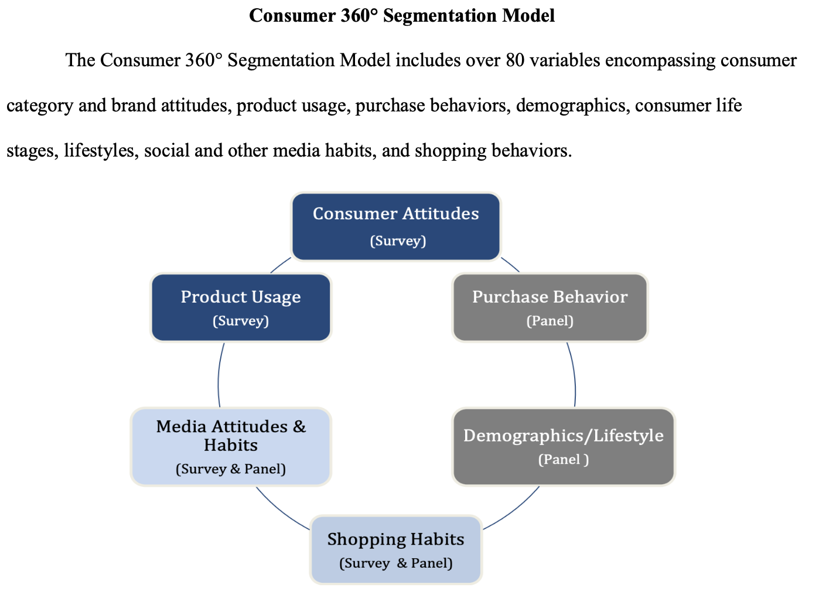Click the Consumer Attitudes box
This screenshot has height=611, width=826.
tap(396, 226)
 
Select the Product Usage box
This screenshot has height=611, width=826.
tap(241, 307)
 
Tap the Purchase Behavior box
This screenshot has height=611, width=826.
tap(549, 307)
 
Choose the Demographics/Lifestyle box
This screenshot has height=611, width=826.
tap(564, 446)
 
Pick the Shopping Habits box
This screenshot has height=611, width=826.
tap(395, 549)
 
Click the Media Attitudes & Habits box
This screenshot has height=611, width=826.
tap(231, 446)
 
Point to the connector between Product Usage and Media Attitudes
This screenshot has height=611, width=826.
tap(219, 375)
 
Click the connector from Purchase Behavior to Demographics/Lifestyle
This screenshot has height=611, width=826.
tap(574, 375)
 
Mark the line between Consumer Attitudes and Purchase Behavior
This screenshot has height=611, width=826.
tap(510, 264)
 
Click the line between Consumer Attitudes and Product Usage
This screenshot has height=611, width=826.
tap(281, 264)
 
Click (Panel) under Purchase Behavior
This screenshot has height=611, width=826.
tap(549, 321)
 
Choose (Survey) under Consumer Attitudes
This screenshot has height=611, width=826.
tap(398, 241)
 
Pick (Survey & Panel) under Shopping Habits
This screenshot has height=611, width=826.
tap(395, 564)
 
